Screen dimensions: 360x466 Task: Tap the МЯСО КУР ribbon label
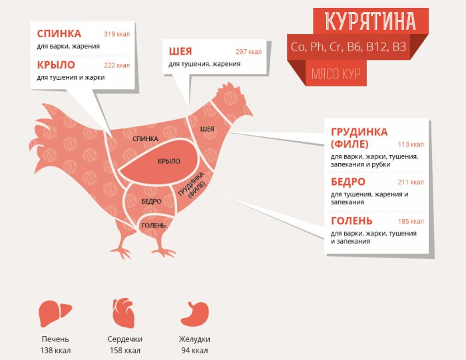336,73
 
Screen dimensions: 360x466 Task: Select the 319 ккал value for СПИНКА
116,34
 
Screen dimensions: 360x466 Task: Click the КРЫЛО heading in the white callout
56,65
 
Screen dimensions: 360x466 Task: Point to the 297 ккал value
248,52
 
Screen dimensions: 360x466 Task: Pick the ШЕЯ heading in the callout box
180,52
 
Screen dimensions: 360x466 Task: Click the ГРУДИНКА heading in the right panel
359,132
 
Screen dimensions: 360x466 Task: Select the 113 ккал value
411,144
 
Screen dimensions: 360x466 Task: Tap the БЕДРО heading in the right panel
348,182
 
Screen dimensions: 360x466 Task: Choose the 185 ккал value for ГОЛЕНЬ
411,221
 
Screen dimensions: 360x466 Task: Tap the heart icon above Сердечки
124,311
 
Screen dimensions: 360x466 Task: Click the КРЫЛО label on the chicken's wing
168,161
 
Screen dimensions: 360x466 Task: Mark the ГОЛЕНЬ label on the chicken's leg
152,226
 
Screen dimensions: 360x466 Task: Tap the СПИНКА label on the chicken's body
145,138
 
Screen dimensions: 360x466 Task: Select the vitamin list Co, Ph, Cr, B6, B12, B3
348,47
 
